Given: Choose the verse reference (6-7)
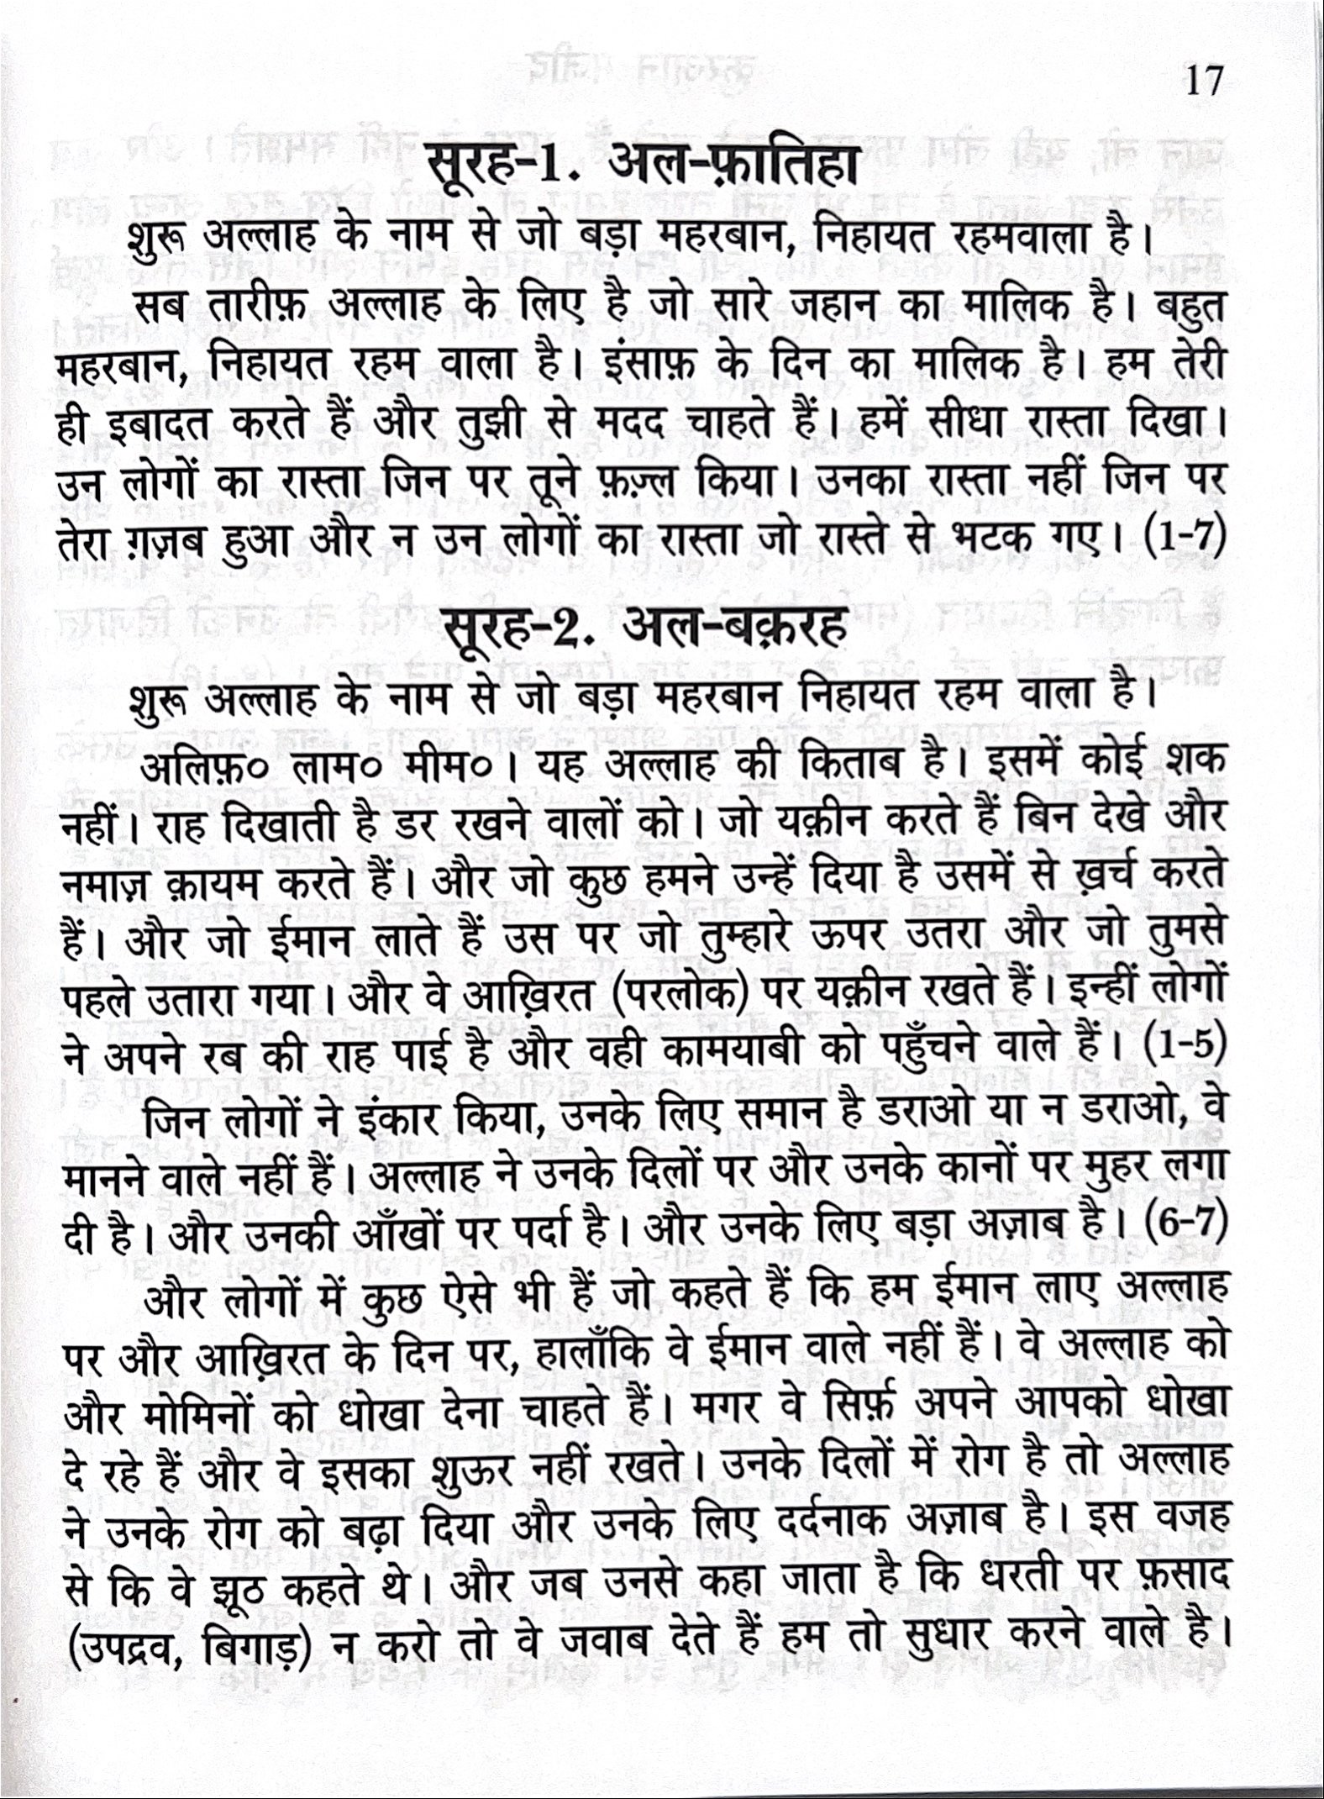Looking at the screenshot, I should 1185,1233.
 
